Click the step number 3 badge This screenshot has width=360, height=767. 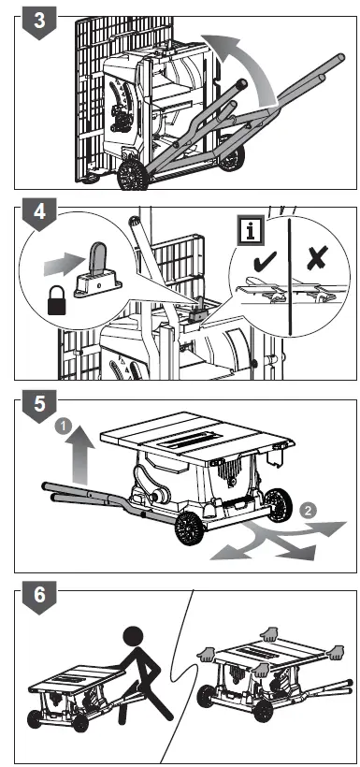pyautogui.click(x=39, y=22)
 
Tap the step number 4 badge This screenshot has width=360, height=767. pyautogui.click(x=39, y=213)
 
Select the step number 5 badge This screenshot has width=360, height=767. pyautogui.click(x=39, y=406)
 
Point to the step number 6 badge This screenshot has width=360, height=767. pyautogui.click(x=39, y=596)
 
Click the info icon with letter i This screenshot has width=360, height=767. pyautogui.click(x=251, y=231)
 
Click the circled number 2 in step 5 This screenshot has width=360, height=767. pyautogui.click(x=307, y=511)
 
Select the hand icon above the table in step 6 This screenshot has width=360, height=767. pyautogui.click(x=268, y=634)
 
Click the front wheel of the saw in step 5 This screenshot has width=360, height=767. pyautogui.click(x=189, y=528)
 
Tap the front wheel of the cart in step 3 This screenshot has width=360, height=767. pyautogui.click(x=133, y=175)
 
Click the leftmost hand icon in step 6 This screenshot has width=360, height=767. pyautogui.click(x=206, y=654)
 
